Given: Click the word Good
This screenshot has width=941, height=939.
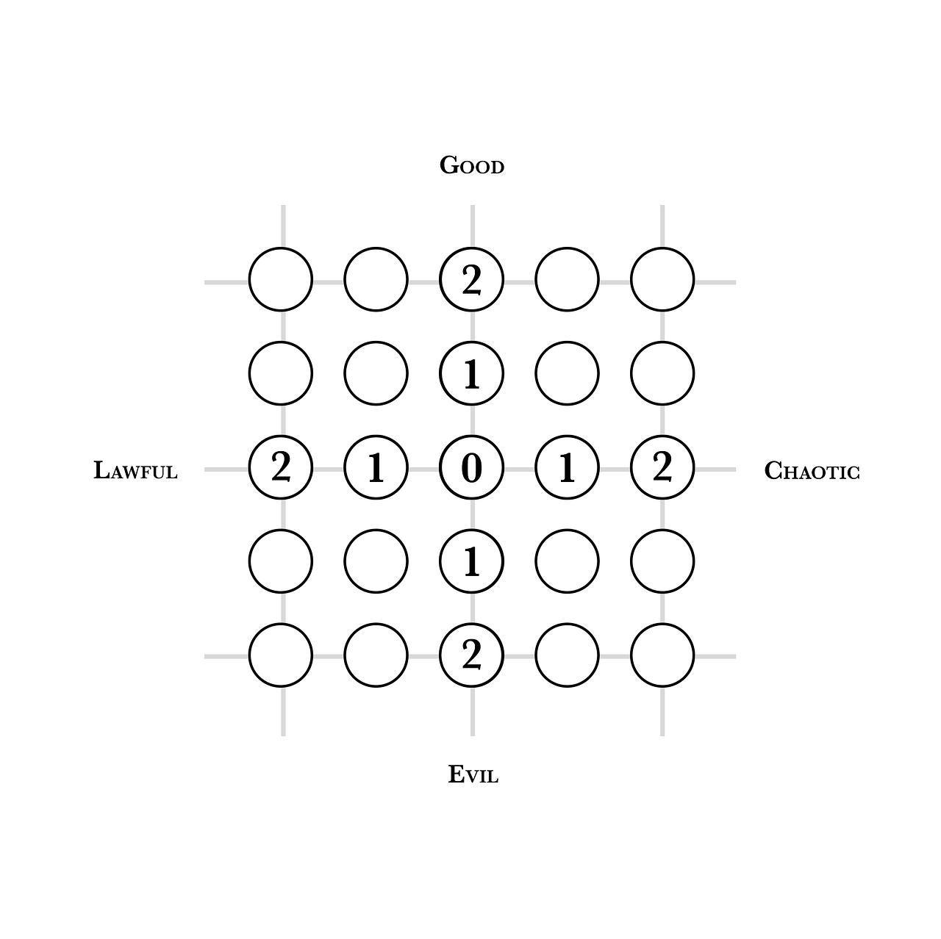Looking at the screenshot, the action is coord(471,166).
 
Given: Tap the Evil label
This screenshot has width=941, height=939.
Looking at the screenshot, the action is coord(473,774).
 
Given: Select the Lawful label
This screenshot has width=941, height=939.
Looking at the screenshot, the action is coord(136,470).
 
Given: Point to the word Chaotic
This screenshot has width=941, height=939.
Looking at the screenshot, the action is coord(812,470).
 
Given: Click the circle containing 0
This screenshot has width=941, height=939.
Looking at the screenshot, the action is coord(471,467).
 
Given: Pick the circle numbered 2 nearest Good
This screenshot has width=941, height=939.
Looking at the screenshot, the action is coord(471,279).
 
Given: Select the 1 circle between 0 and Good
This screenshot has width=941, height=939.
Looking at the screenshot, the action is coord(471,373).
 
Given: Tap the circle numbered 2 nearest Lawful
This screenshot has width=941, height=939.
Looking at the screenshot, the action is coord(281,467).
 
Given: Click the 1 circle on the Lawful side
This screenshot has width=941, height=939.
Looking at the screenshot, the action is coord(376,467).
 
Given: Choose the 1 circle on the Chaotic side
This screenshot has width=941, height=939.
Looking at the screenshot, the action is coord(567,467).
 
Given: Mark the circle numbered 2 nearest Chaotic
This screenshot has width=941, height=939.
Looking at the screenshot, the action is coord(662,467).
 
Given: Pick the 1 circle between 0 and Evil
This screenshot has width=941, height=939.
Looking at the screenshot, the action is coord(471,561).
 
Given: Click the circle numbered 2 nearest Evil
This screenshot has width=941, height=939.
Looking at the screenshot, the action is coord(471,655).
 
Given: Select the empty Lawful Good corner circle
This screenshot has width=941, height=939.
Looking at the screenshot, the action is coord(281,279).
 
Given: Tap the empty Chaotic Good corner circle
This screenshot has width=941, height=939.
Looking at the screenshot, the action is coord(662,279).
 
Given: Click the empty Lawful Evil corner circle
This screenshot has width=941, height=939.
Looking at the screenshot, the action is coord(281,655).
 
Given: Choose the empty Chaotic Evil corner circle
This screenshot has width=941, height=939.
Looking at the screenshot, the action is coord(662,655).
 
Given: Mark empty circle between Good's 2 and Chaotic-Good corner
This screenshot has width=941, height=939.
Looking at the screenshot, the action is coord(567,279).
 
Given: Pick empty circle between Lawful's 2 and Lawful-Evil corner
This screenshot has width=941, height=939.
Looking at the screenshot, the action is coord(281,561).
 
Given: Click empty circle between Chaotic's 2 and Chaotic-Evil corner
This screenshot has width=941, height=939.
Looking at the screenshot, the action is coord(662,561).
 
